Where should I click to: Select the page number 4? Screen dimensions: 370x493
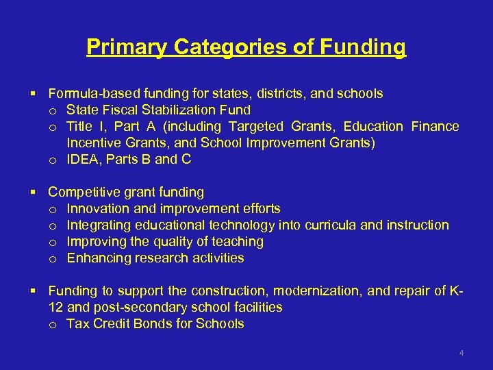click(462, 353)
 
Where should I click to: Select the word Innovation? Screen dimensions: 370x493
click(96, 208)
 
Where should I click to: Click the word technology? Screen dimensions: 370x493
click(240, 225)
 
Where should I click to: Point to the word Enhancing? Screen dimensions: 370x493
click(96, 258)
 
